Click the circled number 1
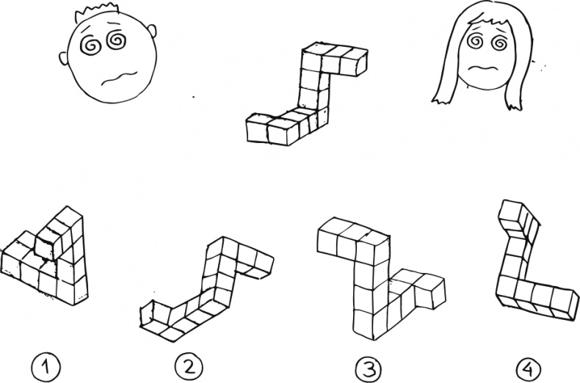[x=45, y=367]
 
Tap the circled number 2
[x=188, y=367]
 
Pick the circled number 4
[x=528, y=368]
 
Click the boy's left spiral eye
[x=90, y=45]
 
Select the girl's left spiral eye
[x=475, y=41]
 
